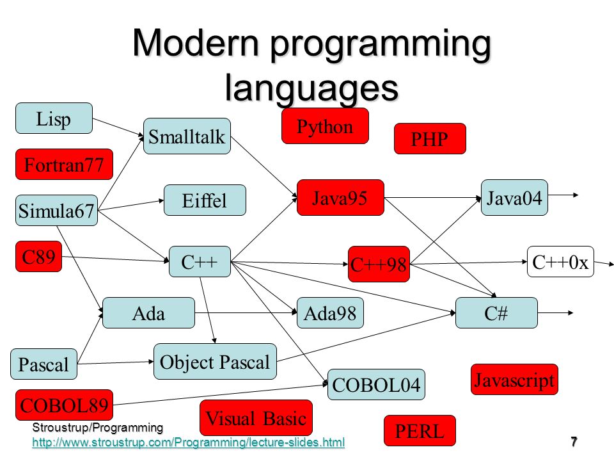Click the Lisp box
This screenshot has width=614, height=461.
coord(54,118)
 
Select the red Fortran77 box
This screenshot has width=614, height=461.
coord(64,165)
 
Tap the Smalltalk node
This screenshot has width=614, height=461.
coord(187,136)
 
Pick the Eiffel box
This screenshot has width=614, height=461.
coord(205,200)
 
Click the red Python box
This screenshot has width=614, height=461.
coord(325,126)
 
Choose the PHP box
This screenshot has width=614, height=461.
coord(430,139)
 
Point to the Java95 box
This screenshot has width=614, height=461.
coord(340,198)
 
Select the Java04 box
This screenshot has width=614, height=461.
coord(514,198)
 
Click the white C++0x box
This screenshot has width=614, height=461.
coord(560,262)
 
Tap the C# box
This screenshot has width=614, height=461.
coord(496,313)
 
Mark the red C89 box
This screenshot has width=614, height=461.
coord(39,257)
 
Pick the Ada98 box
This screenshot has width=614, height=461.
coord(330,313)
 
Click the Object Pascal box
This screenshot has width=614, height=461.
coord(215,361)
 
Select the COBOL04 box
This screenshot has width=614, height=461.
coord(376,385)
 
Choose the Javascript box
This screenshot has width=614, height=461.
coord(514,380)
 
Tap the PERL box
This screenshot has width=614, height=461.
coord(420,431)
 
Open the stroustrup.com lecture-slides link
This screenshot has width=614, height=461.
coord(188,442)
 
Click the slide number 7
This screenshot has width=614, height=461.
coord(574,442)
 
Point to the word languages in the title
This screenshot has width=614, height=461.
coord(311,88)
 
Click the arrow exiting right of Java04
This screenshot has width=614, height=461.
coord(563,195)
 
